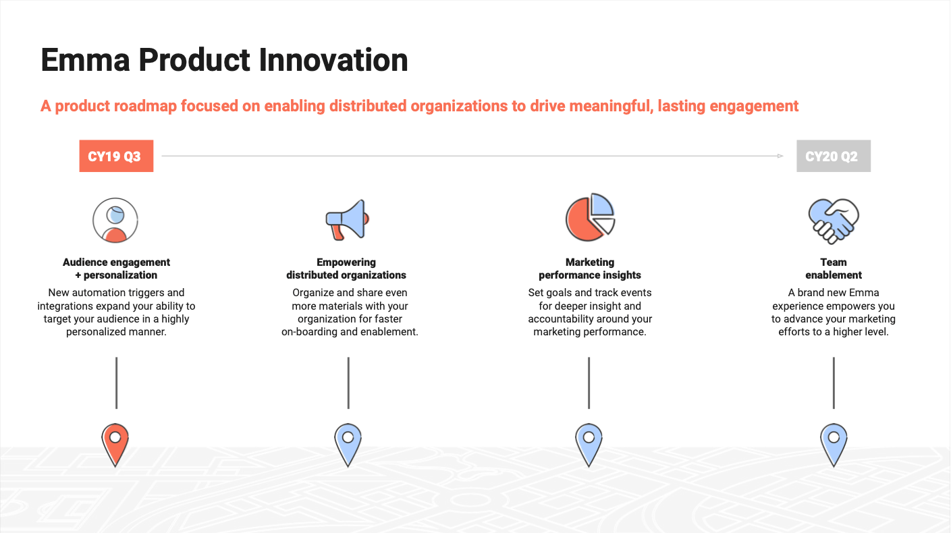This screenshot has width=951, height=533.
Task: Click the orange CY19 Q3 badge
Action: point(116,157)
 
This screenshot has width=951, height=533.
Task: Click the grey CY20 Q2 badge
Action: point(833,157)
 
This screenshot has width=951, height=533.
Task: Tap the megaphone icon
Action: point(348,219)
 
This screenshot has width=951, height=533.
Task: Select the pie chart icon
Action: point(590,218)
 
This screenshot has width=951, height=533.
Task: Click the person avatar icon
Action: point(115,220)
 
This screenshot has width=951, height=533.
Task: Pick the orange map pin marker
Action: point(115,443)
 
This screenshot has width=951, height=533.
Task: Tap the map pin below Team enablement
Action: point(834,443)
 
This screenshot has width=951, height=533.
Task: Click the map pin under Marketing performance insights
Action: point(589,443)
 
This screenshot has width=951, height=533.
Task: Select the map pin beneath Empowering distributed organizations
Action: point(348,443)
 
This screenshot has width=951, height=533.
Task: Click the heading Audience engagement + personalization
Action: point(116,269)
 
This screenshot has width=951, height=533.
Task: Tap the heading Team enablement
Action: point(834,269)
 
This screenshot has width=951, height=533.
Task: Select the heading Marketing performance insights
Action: point(589,269)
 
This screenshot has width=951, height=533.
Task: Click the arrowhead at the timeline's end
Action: point(780,156)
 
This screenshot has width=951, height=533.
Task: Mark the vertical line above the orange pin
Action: point(116,383)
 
